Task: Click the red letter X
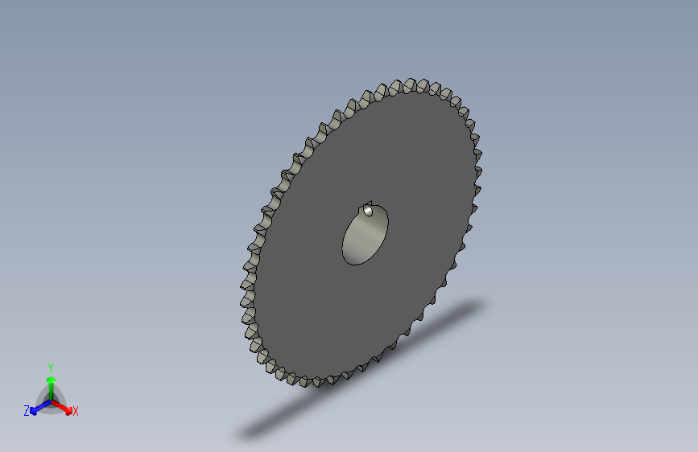[x=76, y=411]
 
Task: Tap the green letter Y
[x=50, y=366]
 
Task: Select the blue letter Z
[x=27, y=411]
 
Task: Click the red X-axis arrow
[x=64, y=406]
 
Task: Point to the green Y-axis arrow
[x=50, y=383]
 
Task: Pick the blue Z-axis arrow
[x=37, y=408]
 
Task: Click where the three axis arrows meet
[x=50, y=400]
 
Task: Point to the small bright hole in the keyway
[x=369, y=211]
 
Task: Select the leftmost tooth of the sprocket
[x=247, y=277]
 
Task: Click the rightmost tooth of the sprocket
[x=477, y=153]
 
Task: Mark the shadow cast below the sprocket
[x=362, y=370]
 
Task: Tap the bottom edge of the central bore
[x=354, y=263]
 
